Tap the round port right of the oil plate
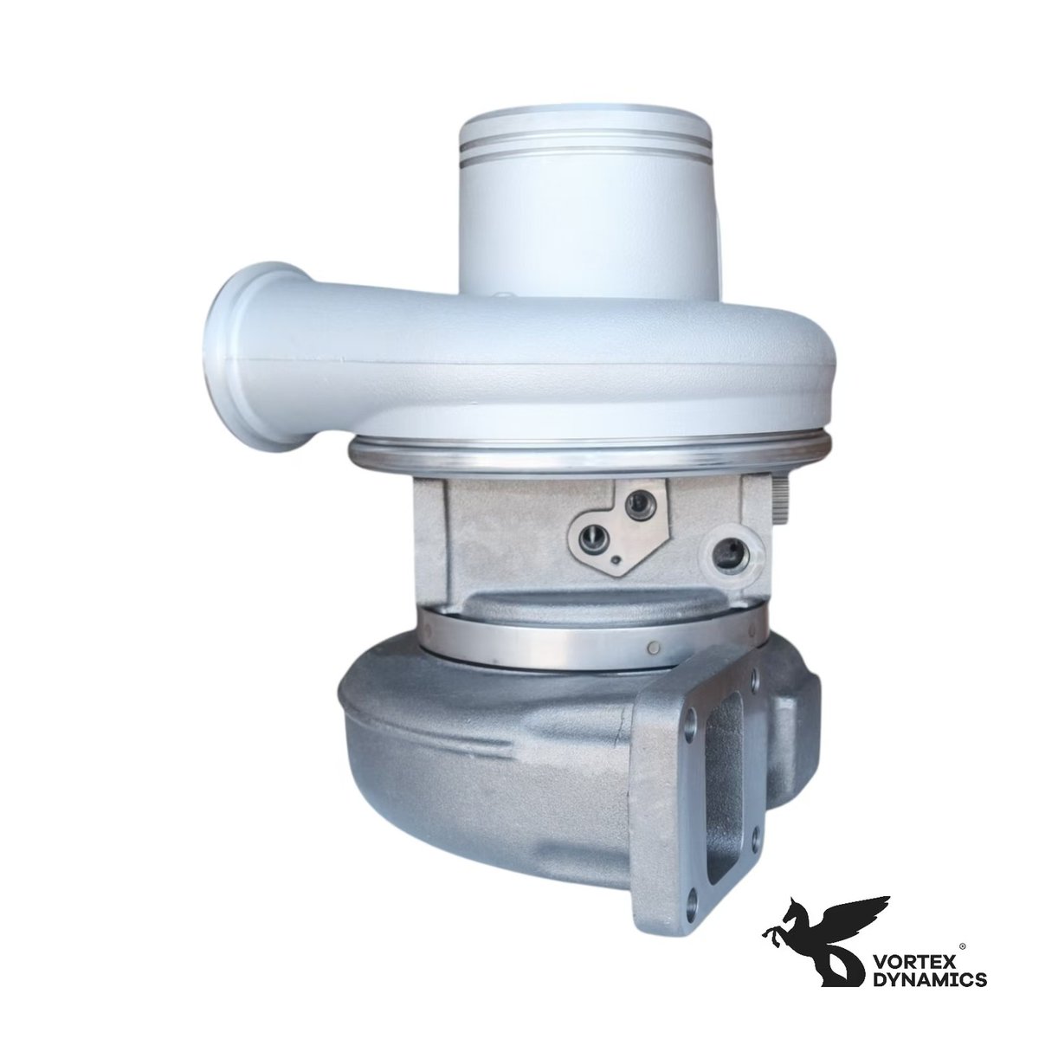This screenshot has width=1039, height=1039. click(726, 552)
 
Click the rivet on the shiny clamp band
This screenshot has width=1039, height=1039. click(655, 647)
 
